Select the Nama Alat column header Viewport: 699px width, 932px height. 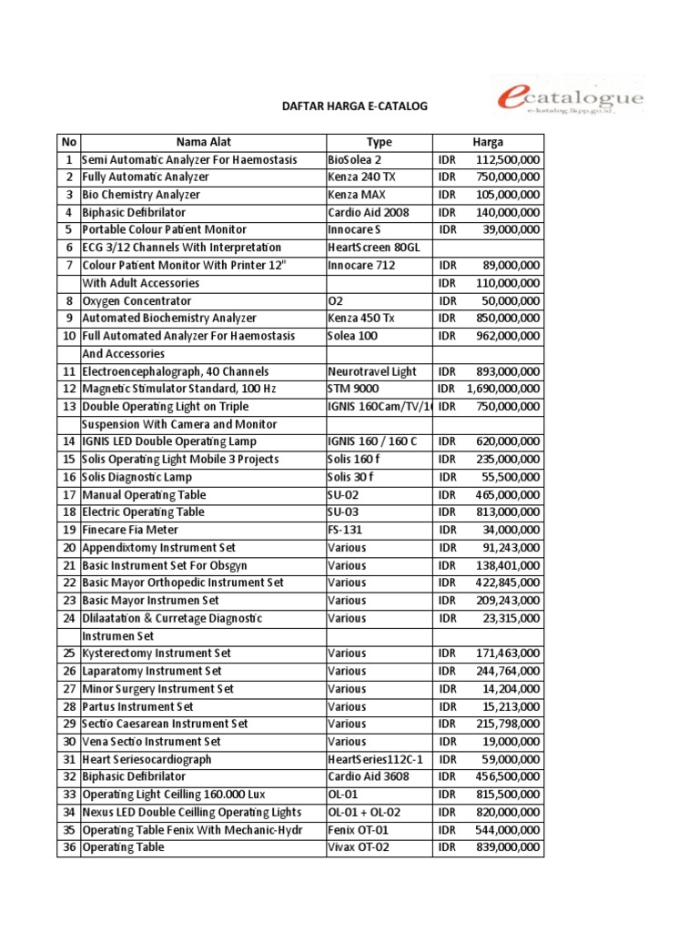[x=203, y=142]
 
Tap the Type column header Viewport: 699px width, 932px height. [x=379, y=142]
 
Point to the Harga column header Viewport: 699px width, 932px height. [x=488, y=142]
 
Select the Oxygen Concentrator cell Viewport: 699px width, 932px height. [x=137, y=300]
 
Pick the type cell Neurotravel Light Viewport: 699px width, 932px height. [x=371, y=371]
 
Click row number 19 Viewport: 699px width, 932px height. [x=68, y=530]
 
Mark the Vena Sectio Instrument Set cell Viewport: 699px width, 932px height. [x=151, y=742]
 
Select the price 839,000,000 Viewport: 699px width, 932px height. [x=507, y=847]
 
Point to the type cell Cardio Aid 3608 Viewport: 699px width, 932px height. [x=368, y=776]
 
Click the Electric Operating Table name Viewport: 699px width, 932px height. [x=143, y=512]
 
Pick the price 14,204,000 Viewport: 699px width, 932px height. [x=511, y=689]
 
